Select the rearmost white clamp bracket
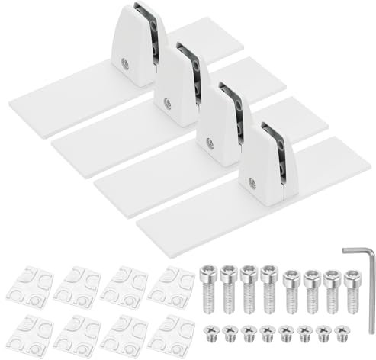point(137,46)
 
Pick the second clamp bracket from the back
point(178,84)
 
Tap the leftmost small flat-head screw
point(211,331)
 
